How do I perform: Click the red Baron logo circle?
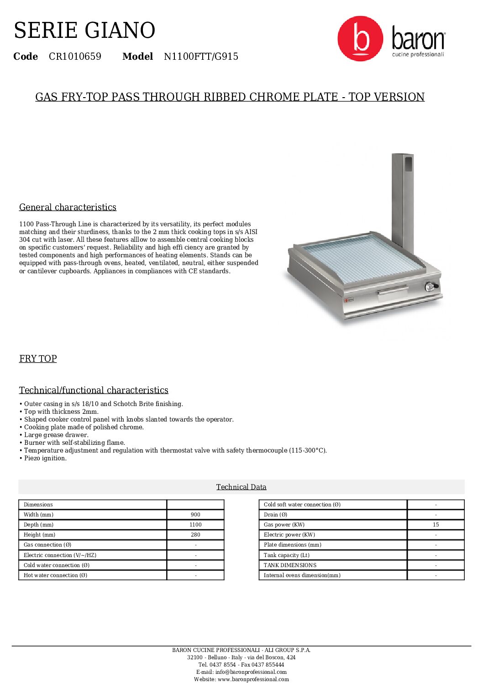[360, 39]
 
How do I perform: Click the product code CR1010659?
[75, 57]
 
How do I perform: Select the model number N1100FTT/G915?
[201, 57]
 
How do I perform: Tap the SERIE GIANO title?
[84, 31]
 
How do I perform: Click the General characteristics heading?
[68, 207]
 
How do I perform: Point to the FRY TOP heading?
[38, 359]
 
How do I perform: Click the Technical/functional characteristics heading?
[94, 390]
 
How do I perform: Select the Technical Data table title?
[241, 487]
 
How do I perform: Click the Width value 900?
[195, 515]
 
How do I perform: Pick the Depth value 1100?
[195, 525]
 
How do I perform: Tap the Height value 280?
[195, 535]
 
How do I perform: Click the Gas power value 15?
[436, 525]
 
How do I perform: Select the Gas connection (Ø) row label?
[47, 545]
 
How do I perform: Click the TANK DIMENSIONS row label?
[290, 565]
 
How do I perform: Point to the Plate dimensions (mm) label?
[292, 545]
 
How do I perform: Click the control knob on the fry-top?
[430, 287]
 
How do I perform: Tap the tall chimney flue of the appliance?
[402, 201]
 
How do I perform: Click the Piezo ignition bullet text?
[45, 458]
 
